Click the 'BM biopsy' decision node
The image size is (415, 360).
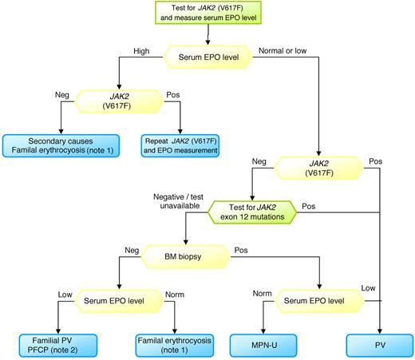[x=184, y=257]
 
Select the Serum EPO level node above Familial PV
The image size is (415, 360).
[x=118, y=302]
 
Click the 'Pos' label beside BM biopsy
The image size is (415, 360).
[x=242, y=250]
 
